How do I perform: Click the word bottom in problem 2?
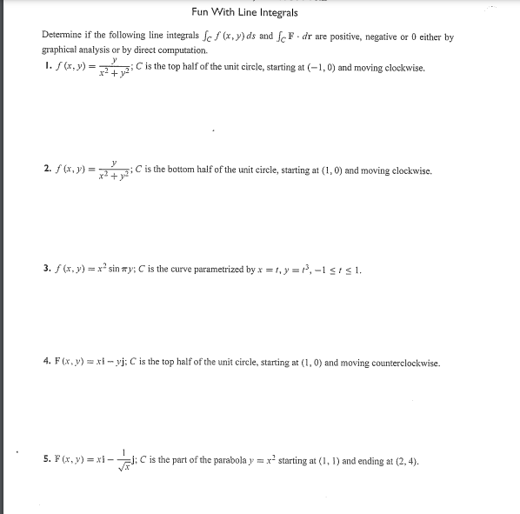(x=184, y=170)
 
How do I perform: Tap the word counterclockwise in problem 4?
(x=408, y=363)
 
